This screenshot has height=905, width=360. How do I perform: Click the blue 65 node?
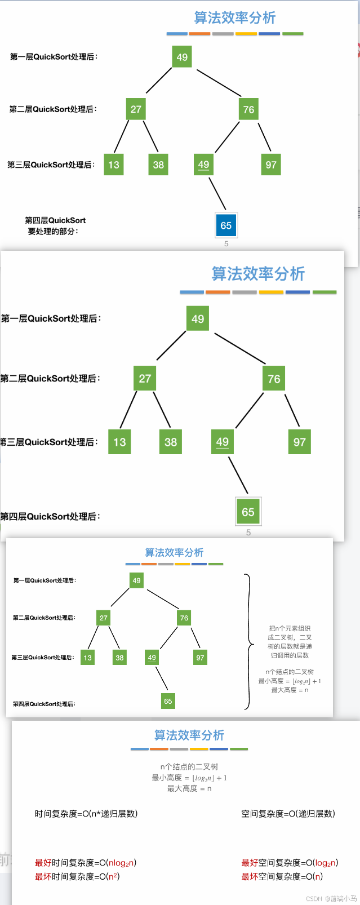click(x=226, y=225)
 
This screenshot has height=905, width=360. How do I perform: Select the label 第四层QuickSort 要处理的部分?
click(x=55, y=226)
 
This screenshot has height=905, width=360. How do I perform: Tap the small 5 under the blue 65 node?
click(x=226, y=244)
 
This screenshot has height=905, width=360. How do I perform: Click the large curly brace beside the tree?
click(x=248, y=642)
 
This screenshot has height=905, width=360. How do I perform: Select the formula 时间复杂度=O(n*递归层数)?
click(x=86, y=814)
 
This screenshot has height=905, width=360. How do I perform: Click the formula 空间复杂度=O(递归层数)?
click(x=288, y=814)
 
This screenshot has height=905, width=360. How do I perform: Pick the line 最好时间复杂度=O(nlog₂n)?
click(x=86, y=863)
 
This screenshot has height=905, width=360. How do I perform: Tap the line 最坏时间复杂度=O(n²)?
click(x=77, y=876)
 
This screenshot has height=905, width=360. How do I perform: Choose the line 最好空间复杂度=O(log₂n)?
click(x=290, y=863)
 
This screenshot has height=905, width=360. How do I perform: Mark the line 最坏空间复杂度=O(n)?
click(x=282, y=876)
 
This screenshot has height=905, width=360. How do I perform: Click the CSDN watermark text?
click(x=331, y=898)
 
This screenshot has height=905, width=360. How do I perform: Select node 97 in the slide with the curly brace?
click(x=200, y=658)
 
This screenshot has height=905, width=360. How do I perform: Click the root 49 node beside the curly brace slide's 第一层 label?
click(x=136, y=580)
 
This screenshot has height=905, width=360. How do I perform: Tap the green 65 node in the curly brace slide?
click(x=168, y=701)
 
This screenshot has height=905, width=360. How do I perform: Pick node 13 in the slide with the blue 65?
click(x=114, y=165)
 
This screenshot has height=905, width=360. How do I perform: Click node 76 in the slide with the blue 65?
click(x=248, y=109)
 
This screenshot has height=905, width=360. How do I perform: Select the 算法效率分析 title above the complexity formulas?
click(x=189, y=735)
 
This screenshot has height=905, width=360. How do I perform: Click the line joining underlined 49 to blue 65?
click(x=217, y=194)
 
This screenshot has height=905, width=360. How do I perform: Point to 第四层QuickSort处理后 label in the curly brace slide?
click(x=44, y=704)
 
